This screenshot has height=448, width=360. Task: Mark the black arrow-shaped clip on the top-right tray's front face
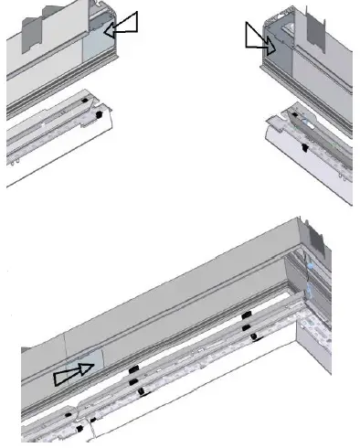tap(304, 146)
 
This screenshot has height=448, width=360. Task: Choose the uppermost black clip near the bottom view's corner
tap(245, 315)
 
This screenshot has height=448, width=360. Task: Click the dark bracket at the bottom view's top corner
tap(309, 229)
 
